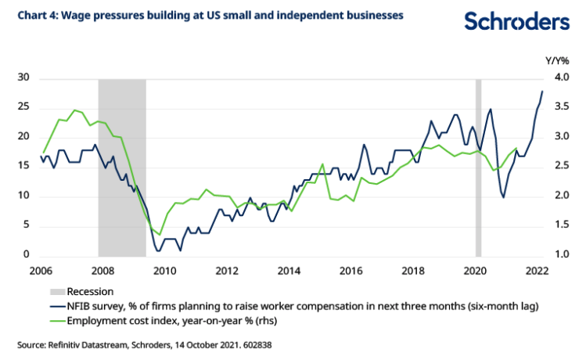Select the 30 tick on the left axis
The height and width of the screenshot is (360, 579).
23,78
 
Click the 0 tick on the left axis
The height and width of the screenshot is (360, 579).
26,255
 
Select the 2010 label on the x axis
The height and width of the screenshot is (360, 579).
164,271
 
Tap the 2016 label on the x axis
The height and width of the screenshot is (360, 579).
351,271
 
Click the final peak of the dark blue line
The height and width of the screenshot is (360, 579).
542,92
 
